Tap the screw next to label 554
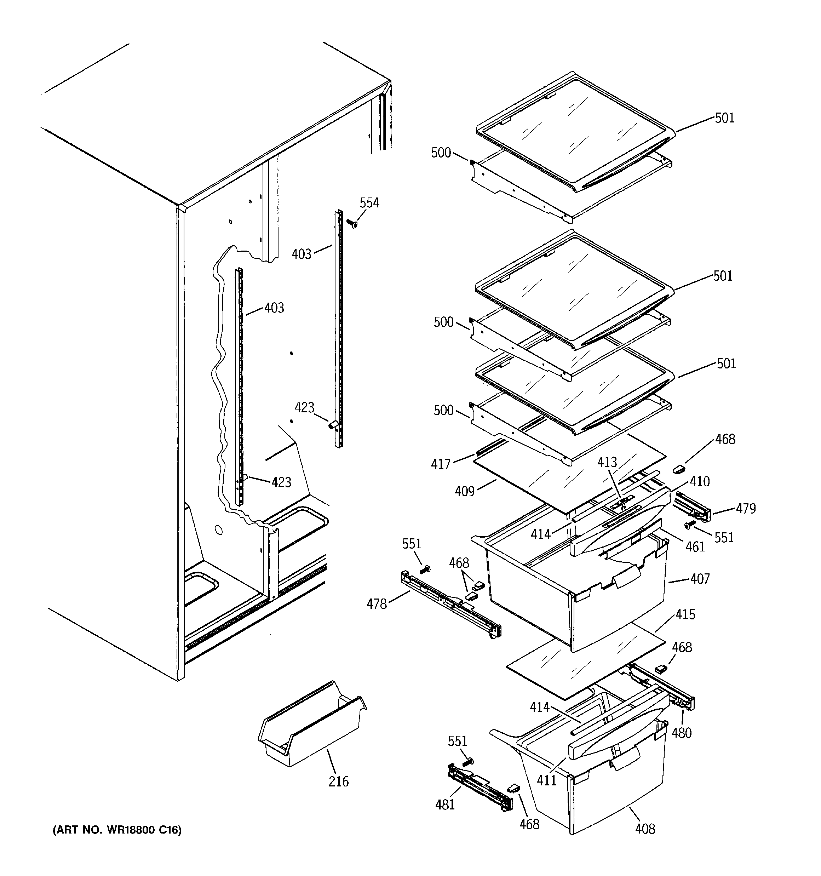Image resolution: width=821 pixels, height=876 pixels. [352, 224]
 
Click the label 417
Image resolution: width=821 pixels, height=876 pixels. [441, 464]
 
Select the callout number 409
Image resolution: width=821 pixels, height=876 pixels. [465, 491]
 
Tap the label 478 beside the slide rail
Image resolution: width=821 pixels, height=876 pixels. [377, 604]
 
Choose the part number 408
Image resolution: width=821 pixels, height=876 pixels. [645, 829]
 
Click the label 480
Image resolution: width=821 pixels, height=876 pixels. [681, 733]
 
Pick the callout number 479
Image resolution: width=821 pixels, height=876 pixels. [746, 509]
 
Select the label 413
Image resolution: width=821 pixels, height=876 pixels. [607, 462]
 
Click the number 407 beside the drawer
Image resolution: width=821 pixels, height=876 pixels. [700, 579]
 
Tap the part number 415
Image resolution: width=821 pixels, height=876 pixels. [685, 614]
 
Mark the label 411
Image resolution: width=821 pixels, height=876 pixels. [546, 780]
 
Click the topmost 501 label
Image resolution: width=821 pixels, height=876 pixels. [724, 118]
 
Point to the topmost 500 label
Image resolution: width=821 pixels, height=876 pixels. [441, 153]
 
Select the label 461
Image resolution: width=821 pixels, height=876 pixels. [695, 547]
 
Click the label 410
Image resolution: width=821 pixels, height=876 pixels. [699, 482]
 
